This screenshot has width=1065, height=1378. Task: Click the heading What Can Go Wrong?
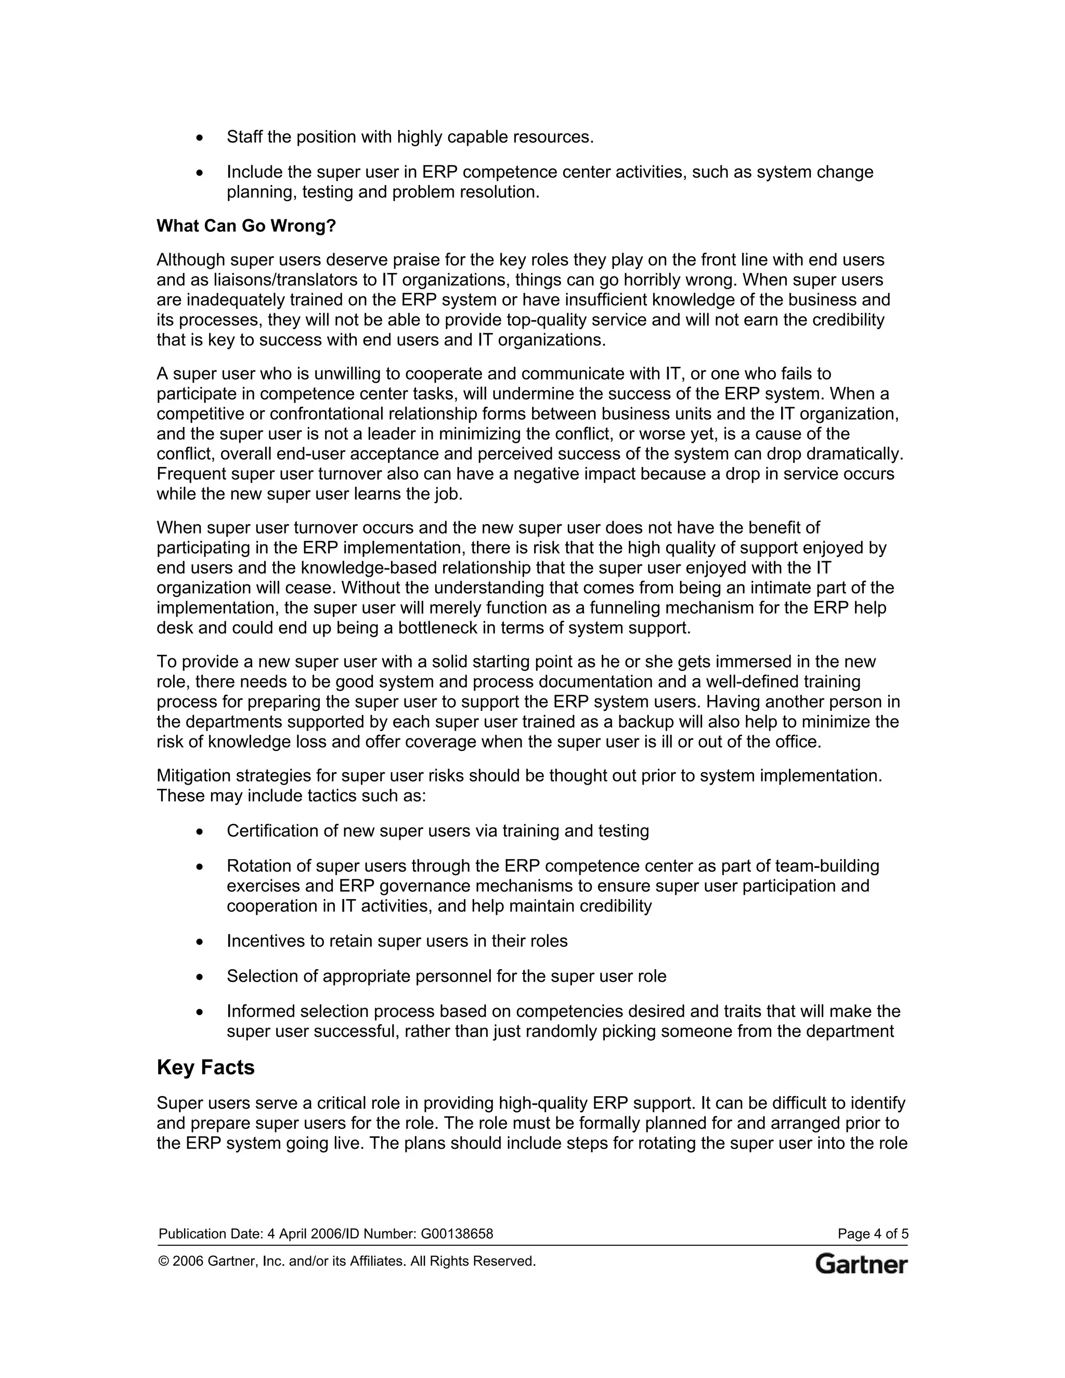(x=246, y=226)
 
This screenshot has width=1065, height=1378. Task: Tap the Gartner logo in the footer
(x=861, y=1264)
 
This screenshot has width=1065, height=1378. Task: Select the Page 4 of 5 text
(x=873, y=1233)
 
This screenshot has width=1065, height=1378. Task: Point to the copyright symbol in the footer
(x=163, y=1262)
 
